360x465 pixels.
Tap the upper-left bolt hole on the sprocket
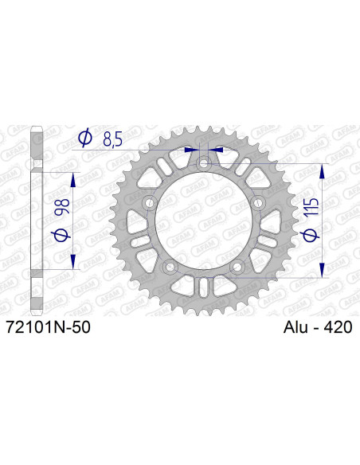coord(149,204)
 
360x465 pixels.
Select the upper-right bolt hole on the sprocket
coord(258,204)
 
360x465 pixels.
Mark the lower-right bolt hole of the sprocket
coord(237,268)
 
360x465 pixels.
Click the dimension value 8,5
coord(112,141)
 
